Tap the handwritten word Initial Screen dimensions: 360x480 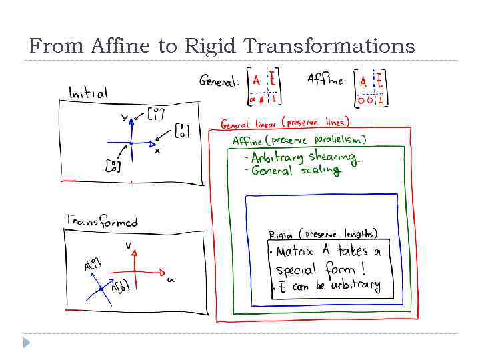click(88, 93)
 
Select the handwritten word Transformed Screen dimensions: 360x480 click(101, 221)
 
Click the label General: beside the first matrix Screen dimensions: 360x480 click(219, 82)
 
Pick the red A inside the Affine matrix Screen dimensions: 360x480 click(363, 81)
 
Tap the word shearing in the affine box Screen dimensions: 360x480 click(333, 157)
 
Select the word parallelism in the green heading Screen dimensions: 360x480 click(341, 139)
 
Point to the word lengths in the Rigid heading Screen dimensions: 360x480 click(361, 234)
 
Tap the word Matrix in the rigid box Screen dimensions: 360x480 click(294, 253)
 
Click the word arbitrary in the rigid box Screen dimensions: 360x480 click(355, 286)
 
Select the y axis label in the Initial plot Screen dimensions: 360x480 click(124, 119)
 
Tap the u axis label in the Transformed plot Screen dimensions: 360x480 click(171, 280)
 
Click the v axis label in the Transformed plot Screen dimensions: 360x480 click(128, 245)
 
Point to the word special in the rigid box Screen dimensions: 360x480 click(297, 270)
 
